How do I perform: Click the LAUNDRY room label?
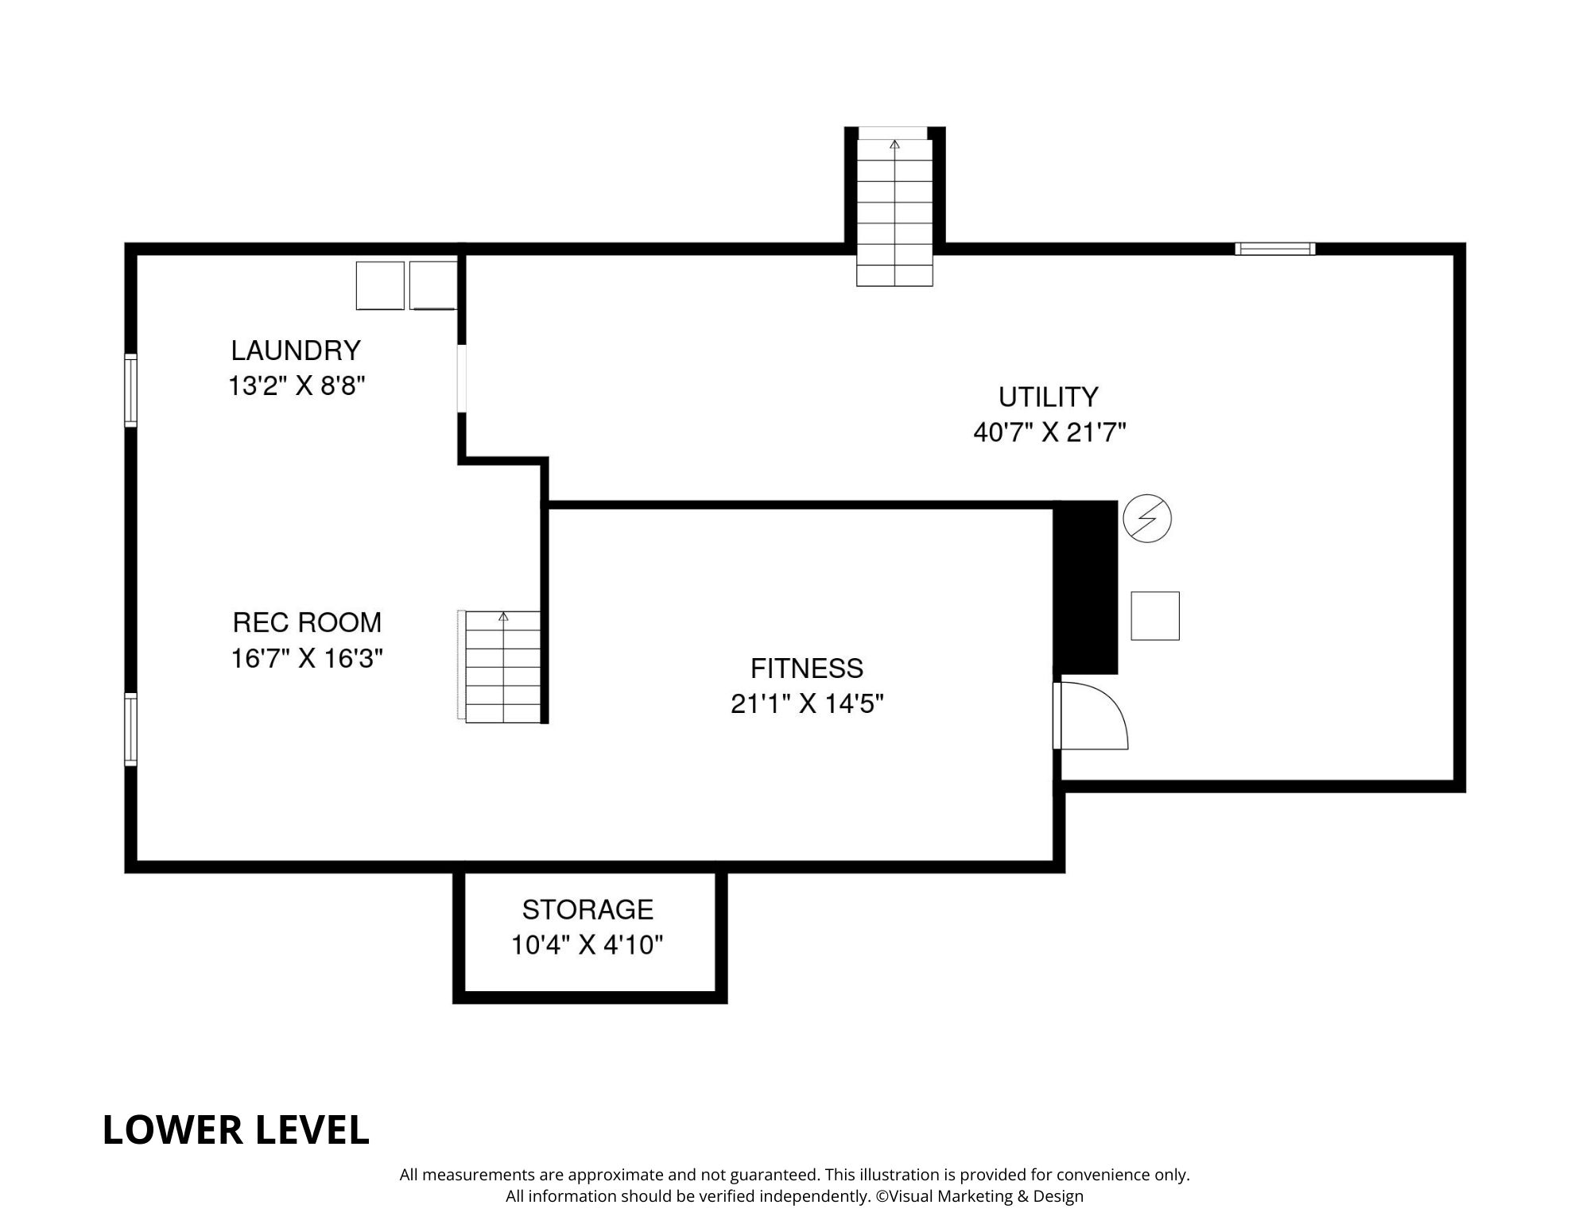click(x=296, y=351)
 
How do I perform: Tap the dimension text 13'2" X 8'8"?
click(x=296, y=386)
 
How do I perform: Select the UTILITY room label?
click(x=1048, y=397)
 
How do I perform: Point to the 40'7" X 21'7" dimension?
click(x=1049, y=432)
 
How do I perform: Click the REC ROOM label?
click(x=307, y=622)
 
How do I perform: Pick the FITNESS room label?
click(x=806, y=668)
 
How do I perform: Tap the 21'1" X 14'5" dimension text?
click(x=807, y=704)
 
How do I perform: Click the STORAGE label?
click(x=588, y=909)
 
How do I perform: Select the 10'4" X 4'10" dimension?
click(x=587, y=945)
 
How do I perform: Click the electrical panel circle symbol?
click(x=1146, y=519)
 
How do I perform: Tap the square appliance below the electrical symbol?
click(x=1154, y=616)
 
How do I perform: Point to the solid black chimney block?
click(x=1086, y=587)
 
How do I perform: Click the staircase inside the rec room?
click(x=502, y=668)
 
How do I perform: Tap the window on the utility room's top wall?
click(x=1274, y=249)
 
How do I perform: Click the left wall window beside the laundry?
click(x=131, y=390)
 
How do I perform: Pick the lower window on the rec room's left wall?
click(x=131, y=729)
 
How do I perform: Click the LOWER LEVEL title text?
click(x=236, y=1129)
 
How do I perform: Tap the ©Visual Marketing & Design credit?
click(x=979, y=1195)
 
